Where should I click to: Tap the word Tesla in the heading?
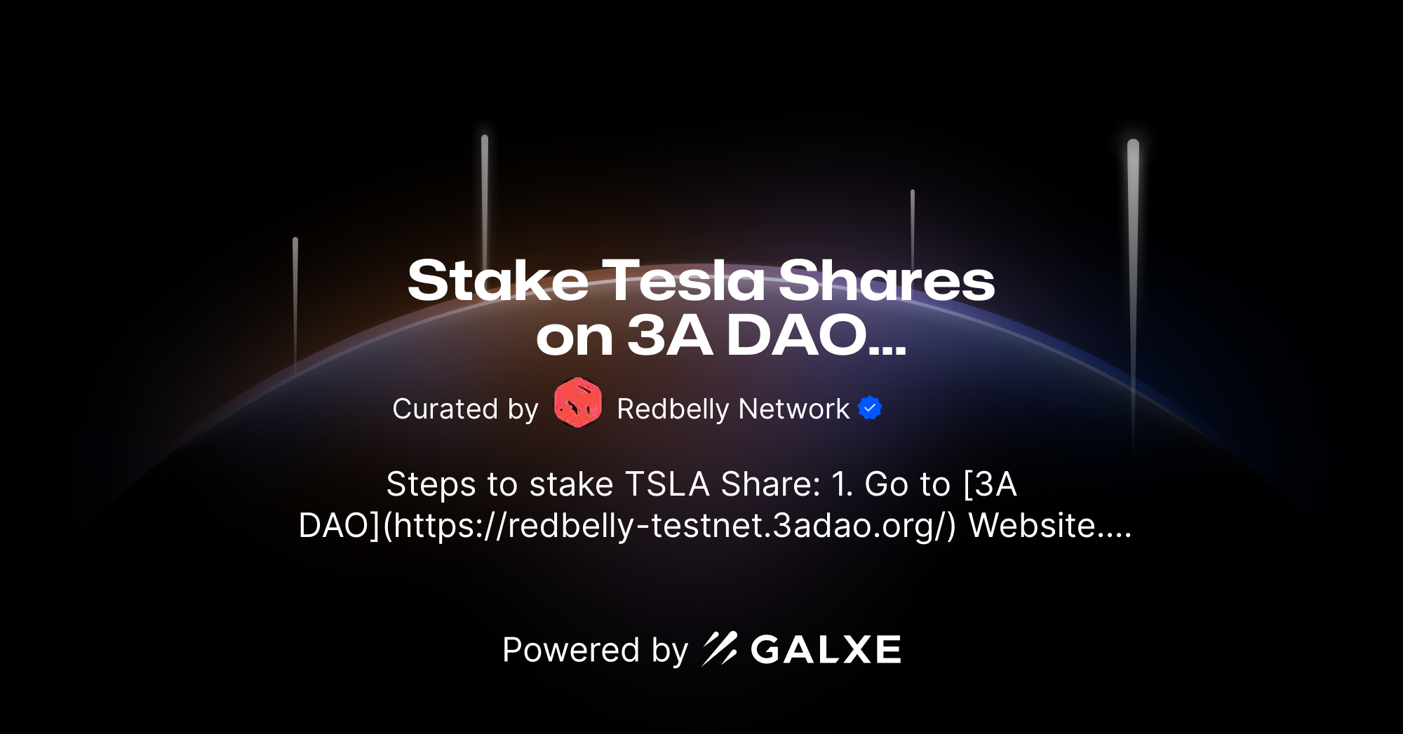(x=683, y=280)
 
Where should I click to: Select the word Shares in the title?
(x=887, y=280)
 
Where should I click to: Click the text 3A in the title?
(x=670, y=336)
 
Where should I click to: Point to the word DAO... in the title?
(x=817, y=336)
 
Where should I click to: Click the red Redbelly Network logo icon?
(x=577, y=402)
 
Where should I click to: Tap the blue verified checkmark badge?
(x=870, y=407)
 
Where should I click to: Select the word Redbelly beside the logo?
(x=673, y=409)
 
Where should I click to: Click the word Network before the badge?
(x=794, y=409)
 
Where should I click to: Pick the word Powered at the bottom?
(x=571, y=650)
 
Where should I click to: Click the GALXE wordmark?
(x=826, y=650)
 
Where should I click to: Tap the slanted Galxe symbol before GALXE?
(x=720, y=648)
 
